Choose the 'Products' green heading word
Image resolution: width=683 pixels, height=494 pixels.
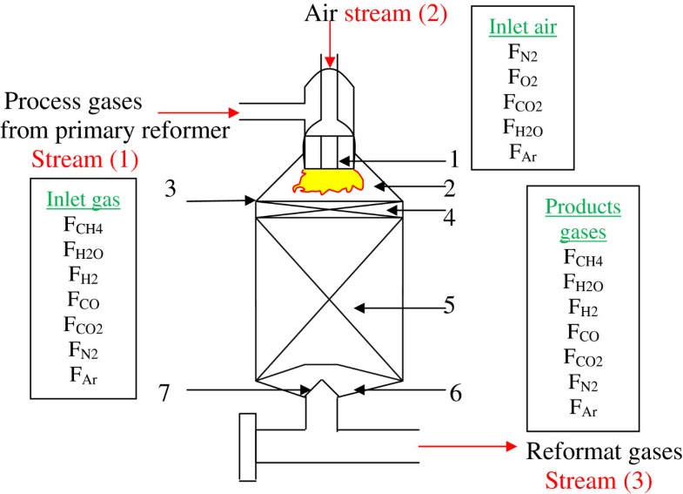click(x=583, y=207)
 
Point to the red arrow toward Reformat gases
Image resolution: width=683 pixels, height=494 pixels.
click(x=471, y=446)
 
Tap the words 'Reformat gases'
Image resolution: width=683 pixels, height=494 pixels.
click(x=603, y=453)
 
